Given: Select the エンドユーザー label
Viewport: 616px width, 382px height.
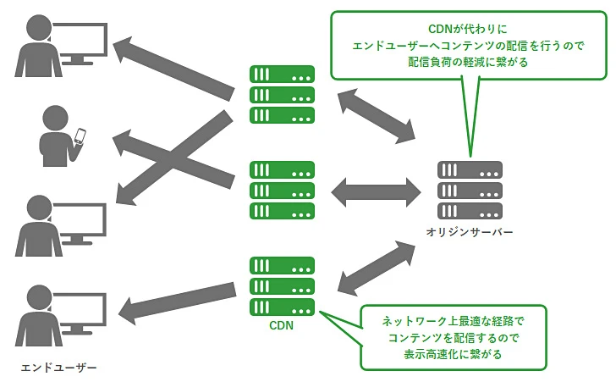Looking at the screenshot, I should pos(58,368).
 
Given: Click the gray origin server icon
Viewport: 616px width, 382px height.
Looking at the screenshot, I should pos(470,190).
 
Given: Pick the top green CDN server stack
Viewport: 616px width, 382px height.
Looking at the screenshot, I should pos(282,95).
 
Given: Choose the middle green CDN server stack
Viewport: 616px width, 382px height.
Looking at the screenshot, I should pos(282,190).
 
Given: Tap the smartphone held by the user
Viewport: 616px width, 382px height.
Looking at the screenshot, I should pos(81,136).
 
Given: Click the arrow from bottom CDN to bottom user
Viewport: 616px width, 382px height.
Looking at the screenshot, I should pos(178,301).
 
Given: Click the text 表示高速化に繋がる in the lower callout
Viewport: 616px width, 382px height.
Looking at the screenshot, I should pos(453,354).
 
